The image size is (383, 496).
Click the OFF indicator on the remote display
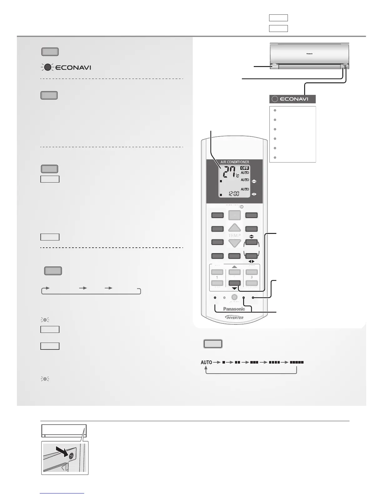coord(244,168)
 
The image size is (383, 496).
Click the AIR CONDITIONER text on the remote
coord(235,162)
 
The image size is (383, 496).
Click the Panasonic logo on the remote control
coord(234,309)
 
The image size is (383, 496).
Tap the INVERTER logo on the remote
coord(234,318)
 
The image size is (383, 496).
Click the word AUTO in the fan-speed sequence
coord(206,362)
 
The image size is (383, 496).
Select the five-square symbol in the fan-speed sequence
coord(297,362)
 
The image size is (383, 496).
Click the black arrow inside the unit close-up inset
coord(64,451)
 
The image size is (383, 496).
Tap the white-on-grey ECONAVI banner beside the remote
coord(293,99)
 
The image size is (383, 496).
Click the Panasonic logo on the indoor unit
coord(309,54)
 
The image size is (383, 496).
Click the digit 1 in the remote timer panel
coord(217,277)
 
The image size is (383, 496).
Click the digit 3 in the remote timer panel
coord(251,277)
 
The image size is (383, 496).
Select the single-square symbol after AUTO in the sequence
coord(224,362)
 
